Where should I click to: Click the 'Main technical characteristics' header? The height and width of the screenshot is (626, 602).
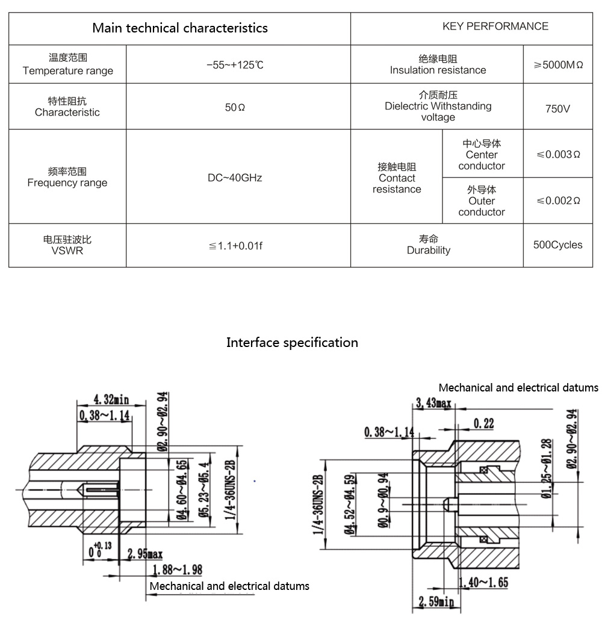[x=179, y=28]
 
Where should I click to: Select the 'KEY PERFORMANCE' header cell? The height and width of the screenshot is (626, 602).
[x=495, y=26]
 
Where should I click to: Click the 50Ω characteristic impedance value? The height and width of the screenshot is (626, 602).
[x=235, y=107]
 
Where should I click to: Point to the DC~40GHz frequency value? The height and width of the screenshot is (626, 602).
[x=235, y=178]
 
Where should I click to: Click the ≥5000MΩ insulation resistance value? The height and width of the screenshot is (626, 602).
[x=558, y=65]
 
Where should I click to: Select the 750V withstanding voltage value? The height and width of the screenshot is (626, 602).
[x=557, y=109]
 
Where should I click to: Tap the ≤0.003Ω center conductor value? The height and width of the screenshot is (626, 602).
[x=558, y=155]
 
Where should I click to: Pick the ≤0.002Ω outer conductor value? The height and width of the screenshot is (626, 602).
[x=558, y=200]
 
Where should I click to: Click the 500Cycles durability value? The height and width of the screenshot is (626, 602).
[x=557, y=245]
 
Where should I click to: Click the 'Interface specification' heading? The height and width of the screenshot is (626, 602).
[x=292, y=343]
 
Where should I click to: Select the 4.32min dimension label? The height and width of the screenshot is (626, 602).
[x=112, y=398]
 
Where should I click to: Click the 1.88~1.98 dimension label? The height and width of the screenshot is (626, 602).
[x=178, y=569]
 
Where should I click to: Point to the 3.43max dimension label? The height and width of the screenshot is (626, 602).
[x=433, y=404]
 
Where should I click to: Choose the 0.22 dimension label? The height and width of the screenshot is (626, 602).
[x=483, y=424]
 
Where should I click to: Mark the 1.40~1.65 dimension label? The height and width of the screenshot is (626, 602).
[x=483, y=582]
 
